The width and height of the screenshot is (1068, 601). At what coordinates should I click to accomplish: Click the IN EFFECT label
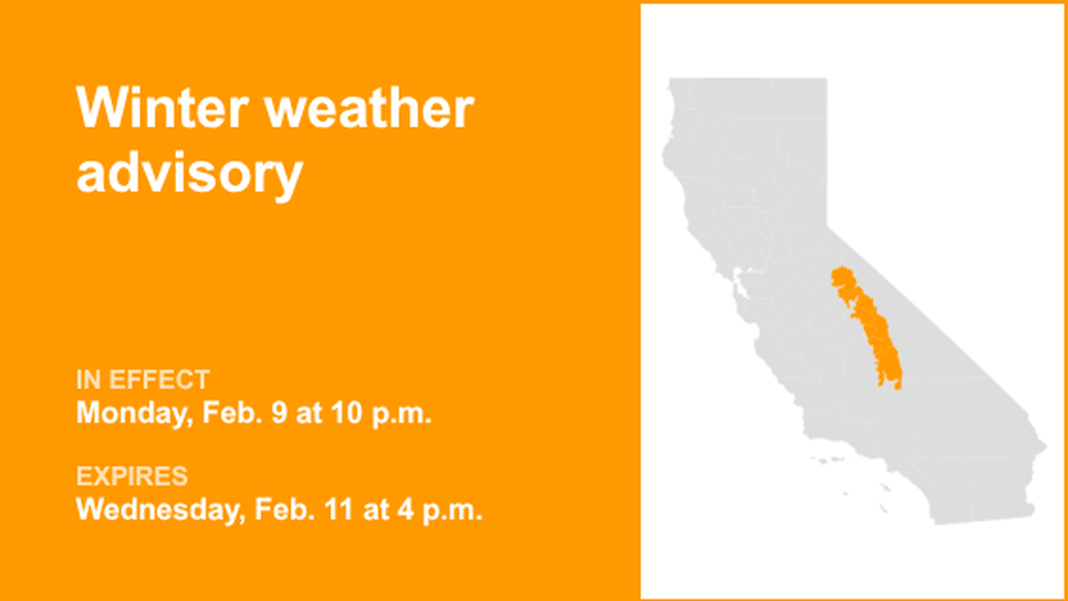coord(142,380)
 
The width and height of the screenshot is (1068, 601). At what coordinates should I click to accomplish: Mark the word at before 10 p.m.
coord(307,413)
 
